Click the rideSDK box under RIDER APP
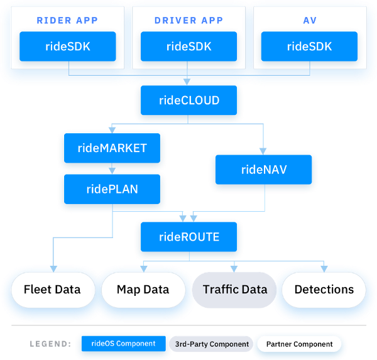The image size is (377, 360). click(x=67, y=46)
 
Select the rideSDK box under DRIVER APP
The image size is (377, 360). click(x=188, y=46)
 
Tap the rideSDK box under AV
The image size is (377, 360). click(x=309, y=46)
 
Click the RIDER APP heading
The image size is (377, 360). click(x=67, y=20)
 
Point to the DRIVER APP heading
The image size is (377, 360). click(x=188, y=20)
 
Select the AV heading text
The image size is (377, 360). click(x=309, y=20)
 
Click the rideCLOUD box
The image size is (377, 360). click(x=188, y=101)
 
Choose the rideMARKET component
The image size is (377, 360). click(x=112, y=148)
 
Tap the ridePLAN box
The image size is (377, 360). click(x=112, y=188)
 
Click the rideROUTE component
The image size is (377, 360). click(x=188, y=237)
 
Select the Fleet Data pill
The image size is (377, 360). click(x=52, y=290)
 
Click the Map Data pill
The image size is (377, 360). click(x=143, y=290)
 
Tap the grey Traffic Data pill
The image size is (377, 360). click(x=234, y=290)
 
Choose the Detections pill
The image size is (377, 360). click(x=324, y=290)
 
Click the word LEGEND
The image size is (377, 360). click(x=50, y=344)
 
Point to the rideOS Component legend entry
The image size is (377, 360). click(x=123, y=344)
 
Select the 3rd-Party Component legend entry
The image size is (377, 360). click(x=211, y=344)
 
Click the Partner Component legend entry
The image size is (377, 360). click(x=299, y=344)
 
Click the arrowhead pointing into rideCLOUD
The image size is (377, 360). click(x=188, y=81)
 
